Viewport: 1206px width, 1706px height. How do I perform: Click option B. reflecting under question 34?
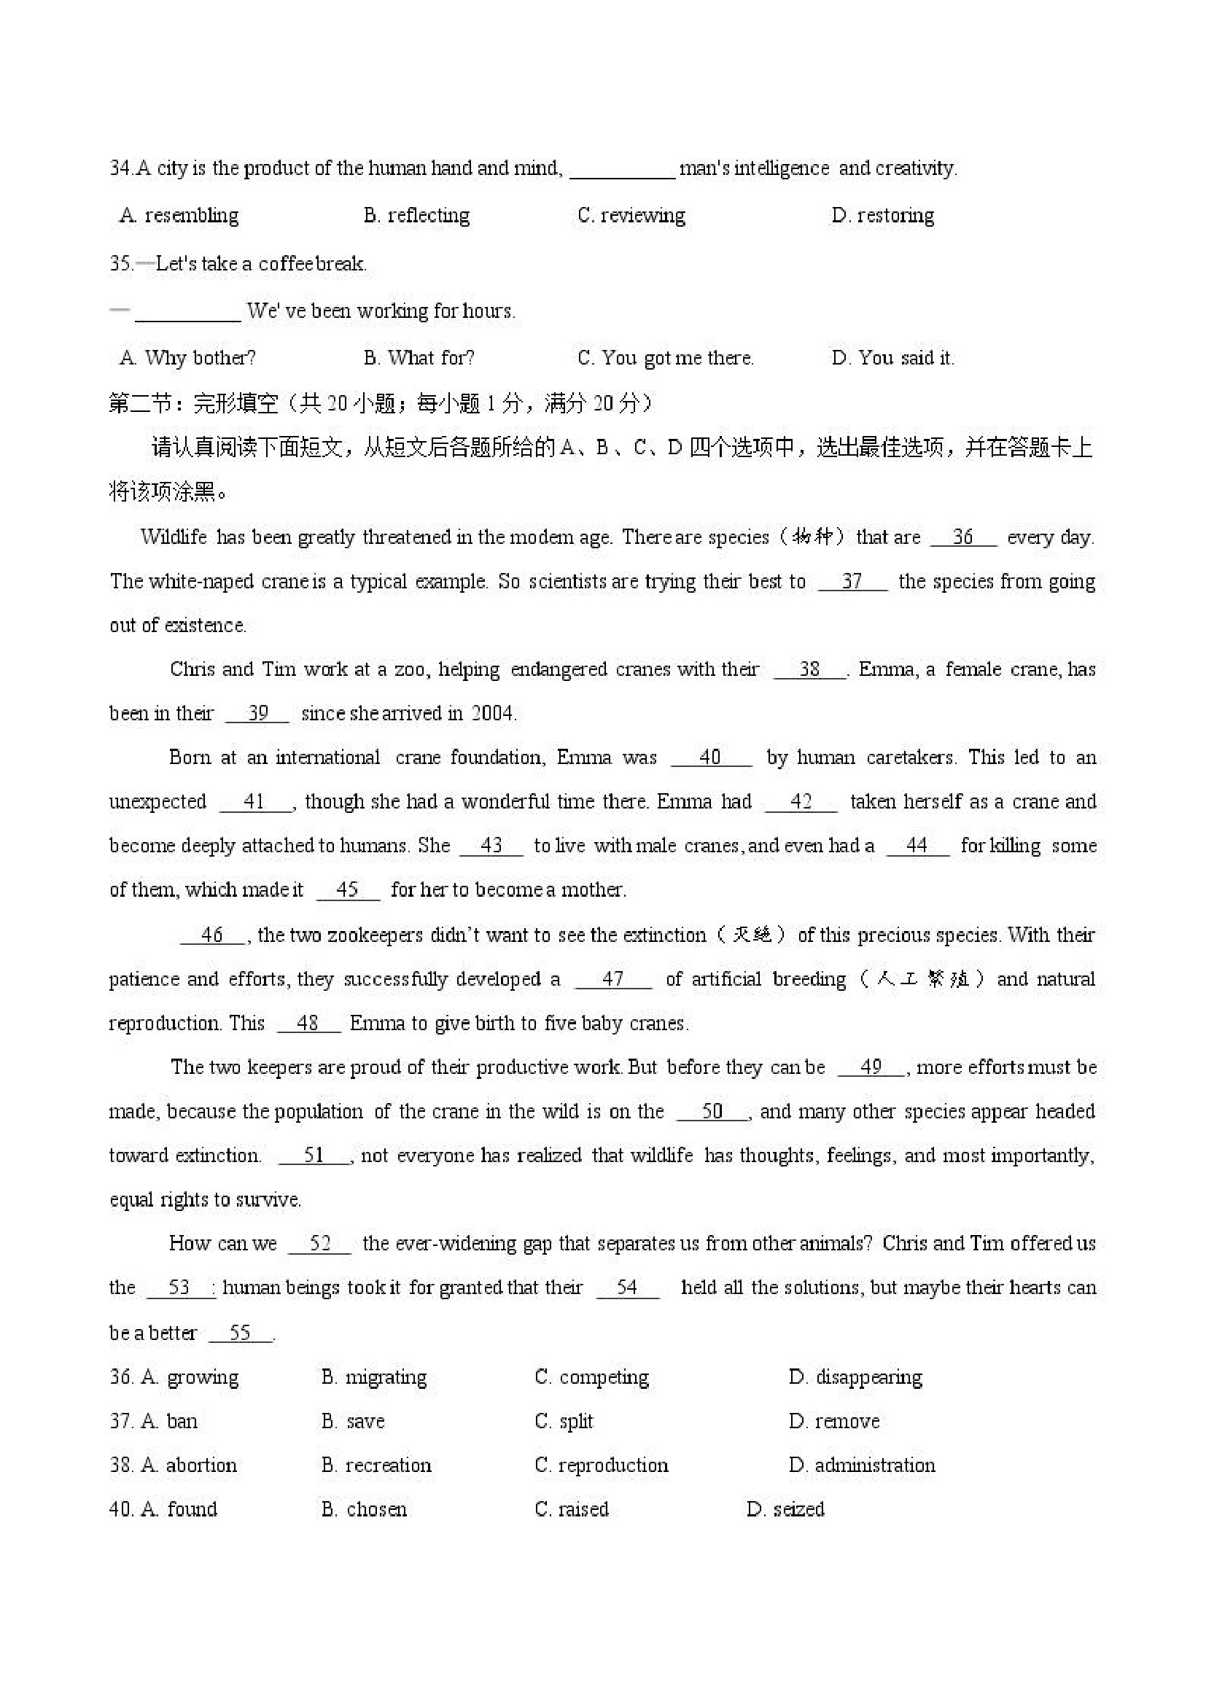[x=416, y=216]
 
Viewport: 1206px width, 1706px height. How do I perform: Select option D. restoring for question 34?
[x=882, y=216]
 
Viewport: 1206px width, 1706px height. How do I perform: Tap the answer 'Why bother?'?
[x=187, y=358]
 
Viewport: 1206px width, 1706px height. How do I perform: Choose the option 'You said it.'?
[x=892, y=358]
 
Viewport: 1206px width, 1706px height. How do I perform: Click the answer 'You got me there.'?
[x=665, y=358]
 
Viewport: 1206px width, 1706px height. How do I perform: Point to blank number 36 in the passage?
[x=963, y=537]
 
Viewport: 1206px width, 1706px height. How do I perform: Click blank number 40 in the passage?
[x=710, y=757]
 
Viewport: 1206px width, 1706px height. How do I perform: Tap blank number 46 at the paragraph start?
[x=212, y=935]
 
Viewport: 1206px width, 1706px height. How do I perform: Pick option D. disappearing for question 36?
[x=855, y=1377]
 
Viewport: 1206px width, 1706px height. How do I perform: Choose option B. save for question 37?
[x=353, y=1422]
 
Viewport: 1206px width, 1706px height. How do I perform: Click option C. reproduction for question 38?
[x=601, y=1465]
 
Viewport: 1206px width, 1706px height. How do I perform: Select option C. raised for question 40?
[x=572, y=1509]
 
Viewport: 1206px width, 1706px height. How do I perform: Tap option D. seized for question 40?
[x=785, y=1509]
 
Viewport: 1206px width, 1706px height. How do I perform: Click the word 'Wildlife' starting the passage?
[x=173, y=537]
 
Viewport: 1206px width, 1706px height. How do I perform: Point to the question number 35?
[x=120, y=264]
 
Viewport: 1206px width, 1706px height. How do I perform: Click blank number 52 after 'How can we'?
[x=319, y=1244]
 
